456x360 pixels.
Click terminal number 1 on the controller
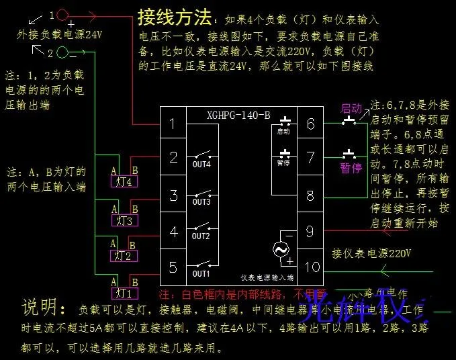point(173,124)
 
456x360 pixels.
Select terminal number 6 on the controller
point(310,124)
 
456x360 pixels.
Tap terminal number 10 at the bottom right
point(312,267)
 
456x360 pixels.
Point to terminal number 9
point(310,232)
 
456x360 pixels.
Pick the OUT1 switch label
point(201,274)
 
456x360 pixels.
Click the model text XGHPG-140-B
point(239,115)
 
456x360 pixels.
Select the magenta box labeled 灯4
point(124,181)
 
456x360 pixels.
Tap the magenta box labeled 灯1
point(124,293)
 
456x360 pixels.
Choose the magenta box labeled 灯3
point(124,220)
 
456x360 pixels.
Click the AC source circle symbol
point(279,249)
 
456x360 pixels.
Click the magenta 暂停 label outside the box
point(351,168)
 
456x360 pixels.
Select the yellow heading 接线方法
point(174,16)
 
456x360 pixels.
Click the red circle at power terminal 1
point(62,14)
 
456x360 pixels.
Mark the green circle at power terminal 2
point(62,52)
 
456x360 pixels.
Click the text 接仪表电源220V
point(371,254)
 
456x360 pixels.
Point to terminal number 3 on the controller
point(173,196)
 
